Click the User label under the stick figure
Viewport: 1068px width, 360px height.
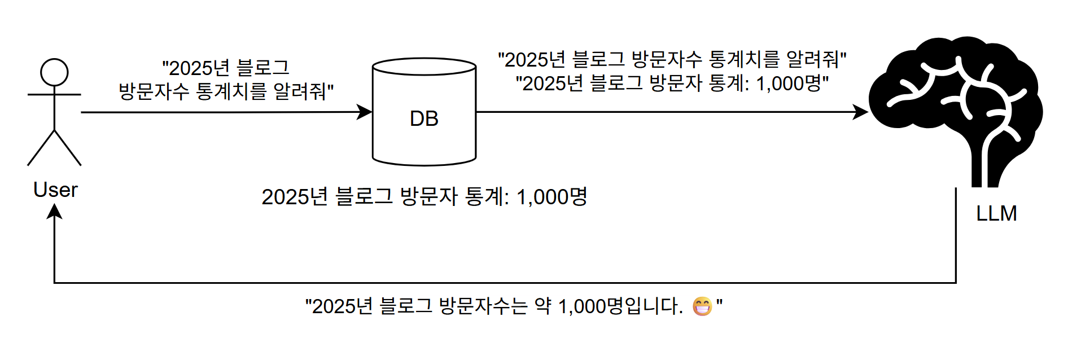(x=55, y=190)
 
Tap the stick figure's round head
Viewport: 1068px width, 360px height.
(x=54, y=72)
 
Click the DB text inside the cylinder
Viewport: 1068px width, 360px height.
(x=424, y=119)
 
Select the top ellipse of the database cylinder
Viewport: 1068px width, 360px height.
(x=424, y=67)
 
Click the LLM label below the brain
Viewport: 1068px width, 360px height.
(x=996, y=214)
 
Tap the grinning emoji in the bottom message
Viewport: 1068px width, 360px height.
(x=702, y=306)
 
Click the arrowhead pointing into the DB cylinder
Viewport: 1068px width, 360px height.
(x=365, y=112)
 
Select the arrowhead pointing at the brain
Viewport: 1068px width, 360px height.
(x=861, y=112)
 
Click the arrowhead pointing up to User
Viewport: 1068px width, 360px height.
(x=54, y=211)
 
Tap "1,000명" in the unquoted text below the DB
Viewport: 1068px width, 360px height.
(x=551, y=197)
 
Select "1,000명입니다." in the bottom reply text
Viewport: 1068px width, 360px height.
(x=620, y=306)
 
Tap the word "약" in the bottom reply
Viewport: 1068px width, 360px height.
(x=542, y=306)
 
